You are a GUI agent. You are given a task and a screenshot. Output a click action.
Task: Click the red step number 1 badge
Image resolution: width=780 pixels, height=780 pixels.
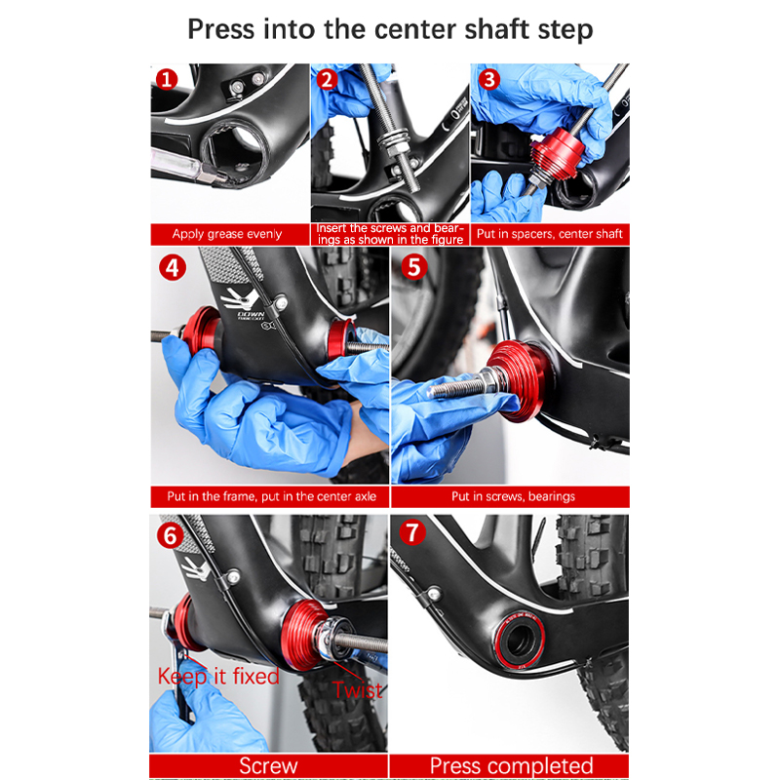[167, 79]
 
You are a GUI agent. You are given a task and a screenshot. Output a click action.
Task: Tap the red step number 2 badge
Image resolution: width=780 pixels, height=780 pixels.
[327, 80]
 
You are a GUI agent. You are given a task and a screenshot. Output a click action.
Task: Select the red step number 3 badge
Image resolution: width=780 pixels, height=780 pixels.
[489, 79]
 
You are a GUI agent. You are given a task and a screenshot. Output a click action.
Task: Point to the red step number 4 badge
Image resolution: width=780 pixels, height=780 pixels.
[173, 267]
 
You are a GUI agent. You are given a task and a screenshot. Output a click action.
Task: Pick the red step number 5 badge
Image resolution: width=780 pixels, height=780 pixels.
[414, 267]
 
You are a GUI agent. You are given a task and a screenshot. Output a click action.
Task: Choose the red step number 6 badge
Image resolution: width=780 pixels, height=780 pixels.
[170, 535]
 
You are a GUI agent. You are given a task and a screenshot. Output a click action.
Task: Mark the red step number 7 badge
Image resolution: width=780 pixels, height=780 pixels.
[412, 532]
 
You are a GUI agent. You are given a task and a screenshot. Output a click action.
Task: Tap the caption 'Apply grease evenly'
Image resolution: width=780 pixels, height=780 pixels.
[227, 234]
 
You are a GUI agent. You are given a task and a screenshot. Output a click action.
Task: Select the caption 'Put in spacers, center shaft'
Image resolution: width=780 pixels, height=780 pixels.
[549, 234]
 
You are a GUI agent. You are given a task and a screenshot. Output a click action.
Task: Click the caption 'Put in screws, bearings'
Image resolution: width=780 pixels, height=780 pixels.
[513, 496]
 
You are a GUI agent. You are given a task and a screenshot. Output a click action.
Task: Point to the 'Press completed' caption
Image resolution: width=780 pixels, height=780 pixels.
[511, 765]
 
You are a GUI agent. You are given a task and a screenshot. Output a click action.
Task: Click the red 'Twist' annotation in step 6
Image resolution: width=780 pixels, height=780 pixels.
[358, 690]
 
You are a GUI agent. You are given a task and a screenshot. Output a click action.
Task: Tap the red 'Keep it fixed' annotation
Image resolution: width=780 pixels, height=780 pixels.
[218, 677]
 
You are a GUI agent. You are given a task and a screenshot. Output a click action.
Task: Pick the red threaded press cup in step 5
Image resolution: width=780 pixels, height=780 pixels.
[520, 381]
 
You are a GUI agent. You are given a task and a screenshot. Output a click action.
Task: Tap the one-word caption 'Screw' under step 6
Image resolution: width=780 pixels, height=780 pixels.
[268, 765]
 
